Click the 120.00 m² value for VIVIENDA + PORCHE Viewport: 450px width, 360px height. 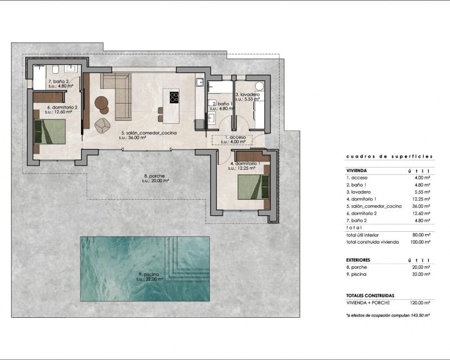(x=420, y=303)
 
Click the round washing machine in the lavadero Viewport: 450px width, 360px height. (x=259, y=86)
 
